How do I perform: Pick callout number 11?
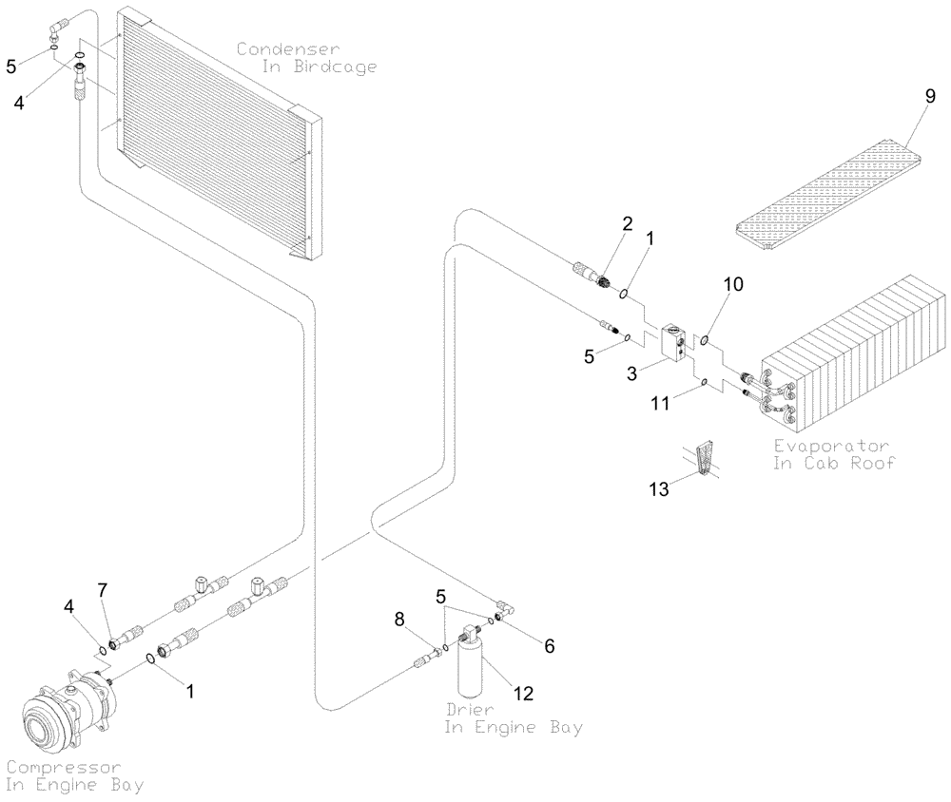pos(661,404)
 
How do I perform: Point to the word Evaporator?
pos(830,446)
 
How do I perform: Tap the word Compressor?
pos(63,766)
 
